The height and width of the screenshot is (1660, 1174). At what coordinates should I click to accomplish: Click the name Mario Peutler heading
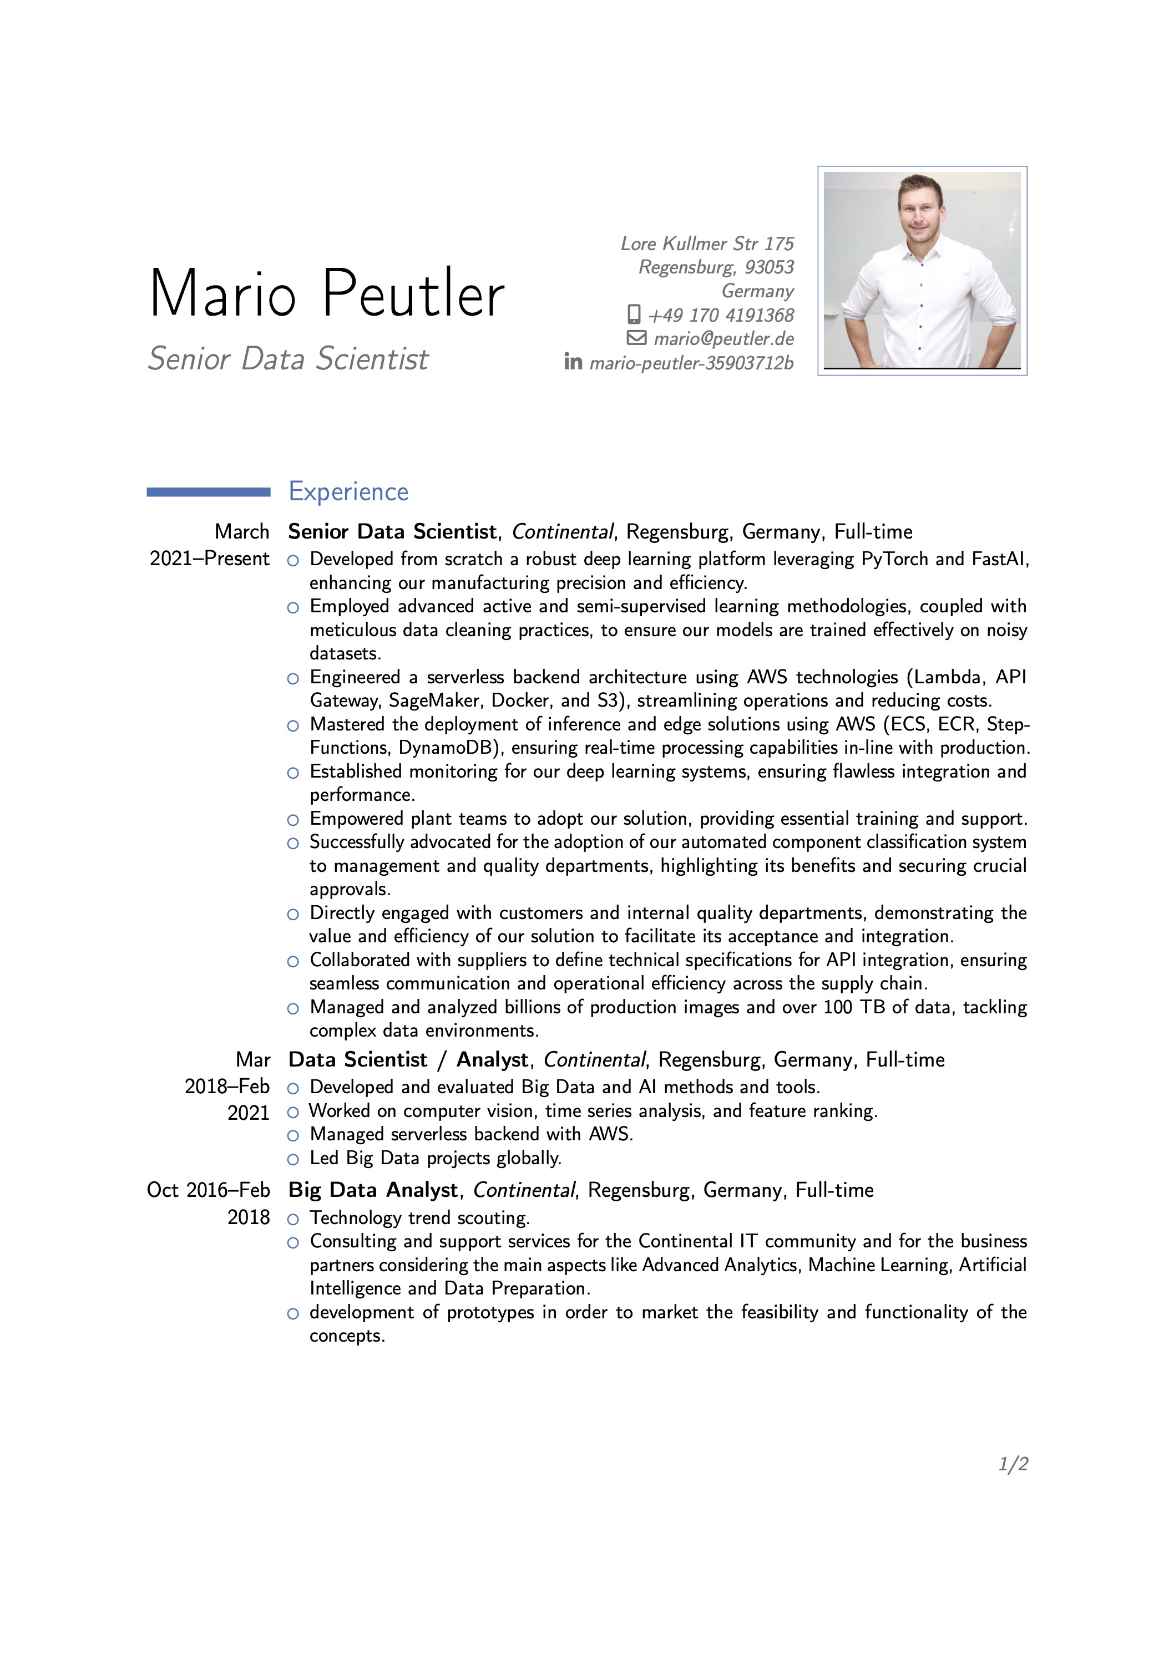click(x=326, y=293)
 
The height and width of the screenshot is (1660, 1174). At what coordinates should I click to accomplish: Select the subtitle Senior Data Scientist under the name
click(x=288, y=359)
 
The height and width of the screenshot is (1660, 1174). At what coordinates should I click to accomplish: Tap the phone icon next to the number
click(x=634, y=314)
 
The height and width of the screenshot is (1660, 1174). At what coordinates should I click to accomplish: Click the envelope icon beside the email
click(x=636, y=338)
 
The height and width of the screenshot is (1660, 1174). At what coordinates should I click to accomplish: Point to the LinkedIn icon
click(x=573, y=362)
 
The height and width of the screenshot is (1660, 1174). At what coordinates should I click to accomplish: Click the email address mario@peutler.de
click(x=723, y=338)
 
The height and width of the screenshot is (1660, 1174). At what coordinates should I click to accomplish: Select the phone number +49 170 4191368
click(x=721, y=315)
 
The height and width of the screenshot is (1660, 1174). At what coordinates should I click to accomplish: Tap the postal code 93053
click(x=770, y=267)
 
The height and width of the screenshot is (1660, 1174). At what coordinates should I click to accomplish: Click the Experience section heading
click(x=348, y=491)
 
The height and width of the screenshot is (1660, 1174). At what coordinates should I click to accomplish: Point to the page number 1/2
click(x=1013, y=1464)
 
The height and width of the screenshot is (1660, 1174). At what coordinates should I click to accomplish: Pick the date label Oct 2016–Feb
click(x=208, y=1190)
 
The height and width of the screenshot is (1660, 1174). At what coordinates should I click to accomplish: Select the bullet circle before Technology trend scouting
click(x=293, y=1219)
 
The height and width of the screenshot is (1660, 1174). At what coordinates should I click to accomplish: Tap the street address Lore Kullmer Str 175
click(x=707, y=243)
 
